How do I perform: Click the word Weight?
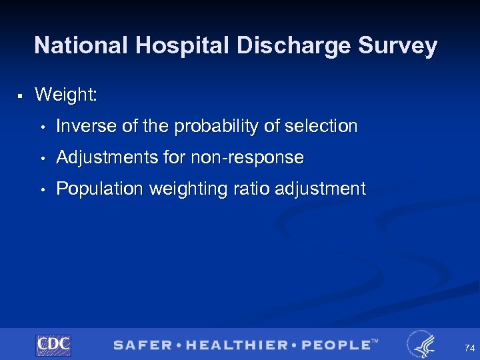[x=66, y=95]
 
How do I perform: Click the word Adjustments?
[x=107, y=158]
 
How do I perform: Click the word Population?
[x=99, y=189]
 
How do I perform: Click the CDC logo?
[x=53, y=345]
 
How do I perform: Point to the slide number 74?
[x=470, y=348]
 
